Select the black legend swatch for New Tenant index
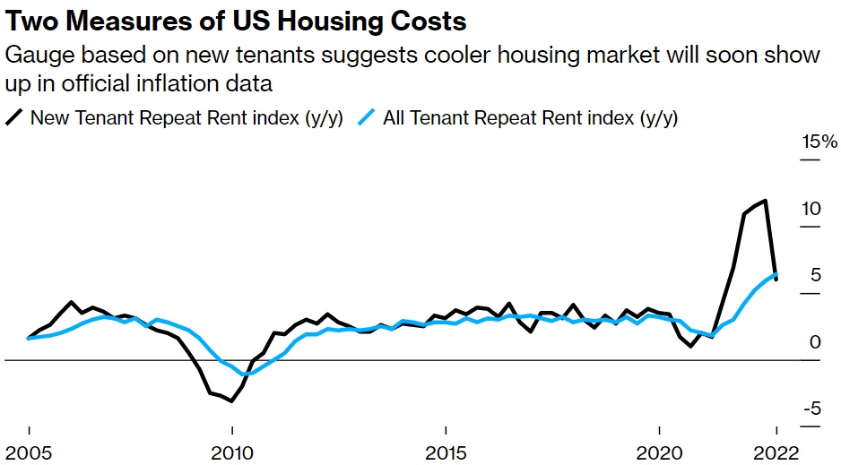click(14, 118)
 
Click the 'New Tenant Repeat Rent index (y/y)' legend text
click(186, 118)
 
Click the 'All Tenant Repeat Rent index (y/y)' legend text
click(530, 118)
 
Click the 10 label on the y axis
click(811, 209)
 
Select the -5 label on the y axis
click(812, 409)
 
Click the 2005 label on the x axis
click(29, 451)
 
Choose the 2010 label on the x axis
click(233, 451)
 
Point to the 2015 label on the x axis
click(446, 451)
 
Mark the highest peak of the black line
click(765, 201)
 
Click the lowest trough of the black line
click(232, 401)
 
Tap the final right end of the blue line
click(776, 274)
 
